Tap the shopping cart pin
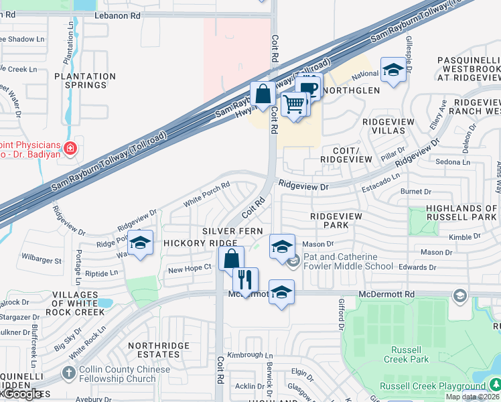pyautogui.click(x=294, y=105)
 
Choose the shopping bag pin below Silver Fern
pyautogui.click(x=231, y=259)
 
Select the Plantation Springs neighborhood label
pyautogui.click(x=81, y=80)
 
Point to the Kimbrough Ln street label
pyautogui.click(x=250, y=354)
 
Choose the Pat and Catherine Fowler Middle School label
pyautogui.click(x=348, y=261)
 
